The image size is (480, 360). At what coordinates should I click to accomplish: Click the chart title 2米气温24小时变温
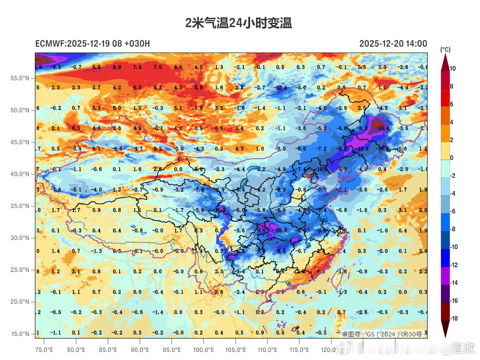click(x=239, y=23)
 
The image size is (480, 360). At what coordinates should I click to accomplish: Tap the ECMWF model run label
click(x=92, y=44)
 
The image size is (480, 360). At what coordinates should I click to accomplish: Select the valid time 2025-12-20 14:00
click(x=393, y=44)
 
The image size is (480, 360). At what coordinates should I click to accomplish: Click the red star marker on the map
click(x=309, y=175)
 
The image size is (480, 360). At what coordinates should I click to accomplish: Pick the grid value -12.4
click(x=281, y=87)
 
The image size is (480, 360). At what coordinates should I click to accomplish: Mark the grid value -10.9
click(x=362, y=148)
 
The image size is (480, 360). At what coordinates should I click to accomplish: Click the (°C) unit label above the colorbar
click(x=445, y=50)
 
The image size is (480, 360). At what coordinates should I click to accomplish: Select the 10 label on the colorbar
click(x=452, y=68)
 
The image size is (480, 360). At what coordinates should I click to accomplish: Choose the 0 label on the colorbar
click(x=451, y=158)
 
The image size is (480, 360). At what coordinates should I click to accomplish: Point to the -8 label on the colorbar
click(x=452, y=229)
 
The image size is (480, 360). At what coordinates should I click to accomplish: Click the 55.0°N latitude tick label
click(x=20, y=78)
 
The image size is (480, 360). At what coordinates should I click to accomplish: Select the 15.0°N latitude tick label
click(x=20, y=334)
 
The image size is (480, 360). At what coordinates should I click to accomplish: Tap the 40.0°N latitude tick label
click(x=20, y=174)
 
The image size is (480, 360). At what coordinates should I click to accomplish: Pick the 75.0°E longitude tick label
click(x=44, y=350)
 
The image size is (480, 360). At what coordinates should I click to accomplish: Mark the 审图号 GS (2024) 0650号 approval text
click(x=381, y=334)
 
